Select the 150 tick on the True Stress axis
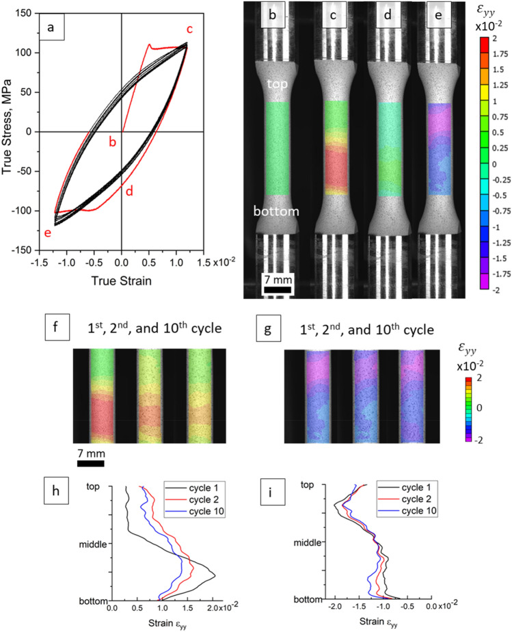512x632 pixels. (x=26, y=13)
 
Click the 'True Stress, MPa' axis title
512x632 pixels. (x=8, y=132)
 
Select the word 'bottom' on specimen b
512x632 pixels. (x=278, y=211)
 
